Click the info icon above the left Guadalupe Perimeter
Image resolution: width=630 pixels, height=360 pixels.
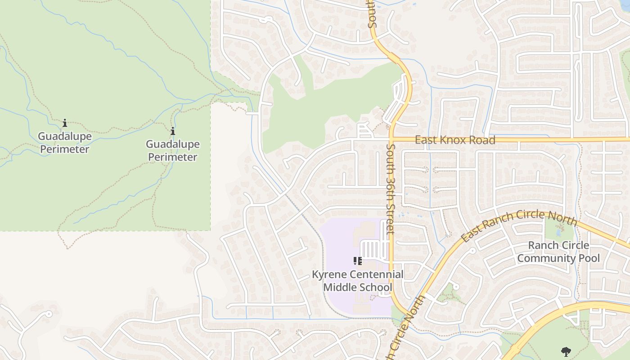[65, 123]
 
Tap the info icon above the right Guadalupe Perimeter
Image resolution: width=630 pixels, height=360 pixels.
[173, 131]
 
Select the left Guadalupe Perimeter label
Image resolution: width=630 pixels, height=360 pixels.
[65, 143]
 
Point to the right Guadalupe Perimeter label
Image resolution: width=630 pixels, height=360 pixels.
[173, 151]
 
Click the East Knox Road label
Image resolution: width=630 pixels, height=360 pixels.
[455, 140]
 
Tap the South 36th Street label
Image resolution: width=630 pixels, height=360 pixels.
[390, 189]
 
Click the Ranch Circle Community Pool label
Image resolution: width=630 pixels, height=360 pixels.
[558, 252]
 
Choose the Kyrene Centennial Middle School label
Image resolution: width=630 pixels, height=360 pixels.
[358, 281]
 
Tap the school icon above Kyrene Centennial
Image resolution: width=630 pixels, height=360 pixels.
[358, 261]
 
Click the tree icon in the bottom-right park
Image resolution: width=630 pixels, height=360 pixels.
[566, 351]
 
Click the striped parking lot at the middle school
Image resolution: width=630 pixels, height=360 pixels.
[372, 249]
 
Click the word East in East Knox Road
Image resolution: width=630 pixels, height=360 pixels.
[426, 140]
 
